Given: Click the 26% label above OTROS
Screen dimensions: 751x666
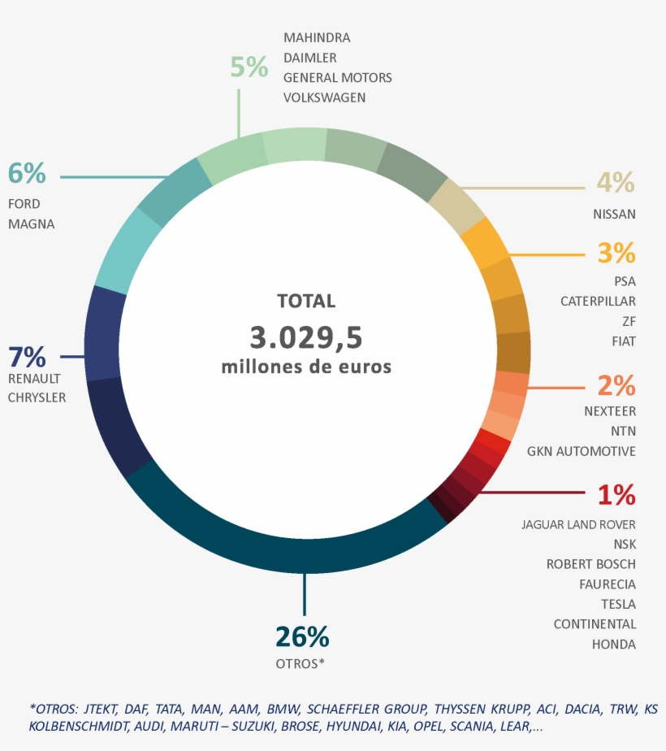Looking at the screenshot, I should click(x=301, y=636).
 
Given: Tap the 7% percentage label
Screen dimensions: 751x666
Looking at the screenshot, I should click(x=27, y=357).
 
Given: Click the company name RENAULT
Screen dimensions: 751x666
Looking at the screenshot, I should click(x=34, y=379).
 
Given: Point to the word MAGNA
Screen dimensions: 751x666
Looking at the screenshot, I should click(x=31, y=224).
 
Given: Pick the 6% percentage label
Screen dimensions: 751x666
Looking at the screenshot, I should click(x=27, y=173).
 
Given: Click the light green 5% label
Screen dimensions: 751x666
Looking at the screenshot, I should click(x=249, y=67).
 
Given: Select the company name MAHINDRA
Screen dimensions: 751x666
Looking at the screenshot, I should click(x=317, y=38).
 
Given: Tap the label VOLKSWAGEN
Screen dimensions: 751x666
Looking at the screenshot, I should click(x=324, y=98).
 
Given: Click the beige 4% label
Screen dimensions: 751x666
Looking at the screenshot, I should click(x=615, y=183).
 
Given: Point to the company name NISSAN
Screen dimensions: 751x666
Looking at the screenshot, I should click(x=614, y=215).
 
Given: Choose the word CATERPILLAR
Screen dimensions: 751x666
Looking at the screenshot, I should click(x=598, y=302).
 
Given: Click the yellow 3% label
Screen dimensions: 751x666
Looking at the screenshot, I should click(x=616, y=253).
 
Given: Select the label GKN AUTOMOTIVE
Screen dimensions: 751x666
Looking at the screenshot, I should click(x=581, y=451).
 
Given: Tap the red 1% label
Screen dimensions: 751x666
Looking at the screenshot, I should click(x=616, y=494).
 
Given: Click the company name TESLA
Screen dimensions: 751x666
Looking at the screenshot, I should click(x=618, y=604).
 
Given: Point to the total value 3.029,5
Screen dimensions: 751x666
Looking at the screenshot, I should click(x=305, y=336).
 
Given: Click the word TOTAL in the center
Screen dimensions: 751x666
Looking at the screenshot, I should click(x=306, y=301).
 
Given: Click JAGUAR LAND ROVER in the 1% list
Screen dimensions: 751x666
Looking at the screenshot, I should click(x=578, y=524).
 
